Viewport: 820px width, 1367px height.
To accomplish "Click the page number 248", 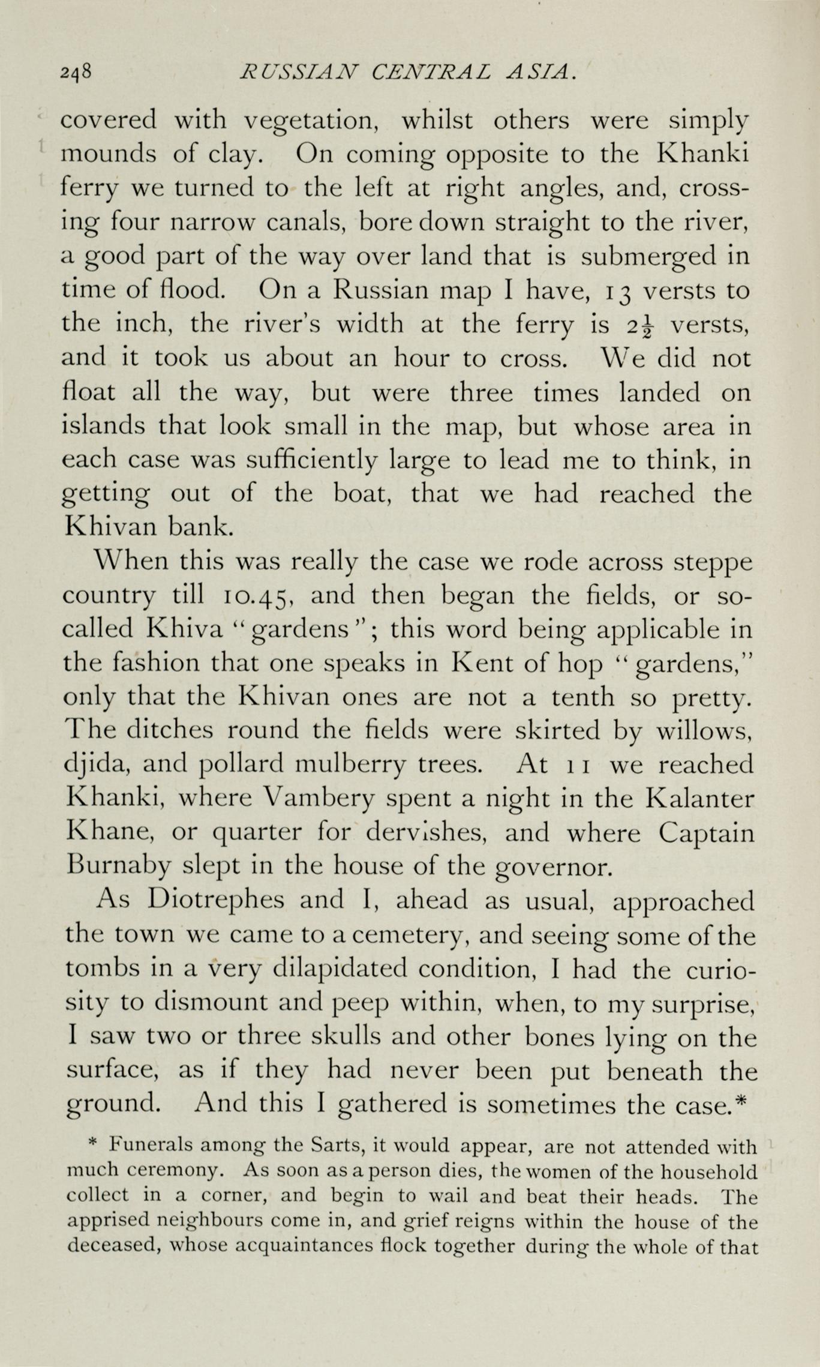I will click(76, 73).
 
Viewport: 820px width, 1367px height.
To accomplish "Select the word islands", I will click(104, 426).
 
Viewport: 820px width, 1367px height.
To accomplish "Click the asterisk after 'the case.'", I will click(741, 1101).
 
